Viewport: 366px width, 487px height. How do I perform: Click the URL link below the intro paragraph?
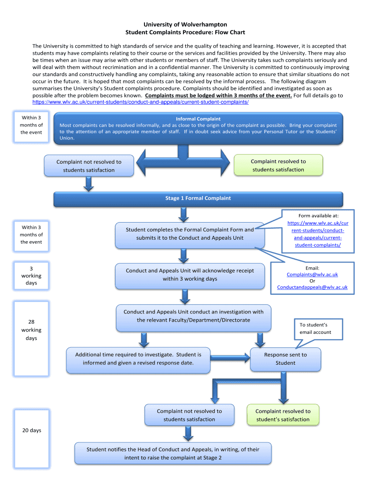pos(140,102)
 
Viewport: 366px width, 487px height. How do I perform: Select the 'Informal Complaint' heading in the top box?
pos(198,119)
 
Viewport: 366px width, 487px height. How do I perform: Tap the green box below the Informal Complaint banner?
pos(279,166)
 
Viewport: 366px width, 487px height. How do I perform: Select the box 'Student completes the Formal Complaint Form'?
pos(190,234)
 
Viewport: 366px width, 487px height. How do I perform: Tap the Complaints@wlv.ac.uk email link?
pos(312,274)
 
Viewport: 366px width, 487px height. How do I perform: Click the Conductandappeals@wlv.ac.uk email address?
pos(312,287)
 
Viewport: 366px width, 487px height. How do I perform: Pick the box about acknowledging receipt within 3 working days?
pos(190,274)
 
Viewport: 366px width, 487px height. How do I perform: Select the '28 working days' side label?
pos(31,330)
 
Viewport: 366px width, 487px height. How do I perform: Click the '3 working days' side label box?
pos(31,276)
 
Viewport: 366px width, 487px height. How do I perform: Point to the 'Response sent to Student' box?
pos(285,359)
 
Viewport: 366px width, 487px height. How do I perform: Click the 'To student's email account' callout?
pos(315,329)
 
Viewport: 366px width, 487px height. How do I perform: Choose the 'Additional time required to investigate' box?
pos(138,359)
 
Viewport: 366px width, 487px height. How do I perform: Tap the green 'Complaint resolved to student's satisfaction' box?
pos(283,415)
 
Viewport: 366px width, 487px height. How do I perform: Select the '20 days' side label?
pos(31,430)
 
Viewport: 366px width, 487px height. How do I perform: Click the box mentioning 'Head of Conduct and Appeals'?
pos(173,453)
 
